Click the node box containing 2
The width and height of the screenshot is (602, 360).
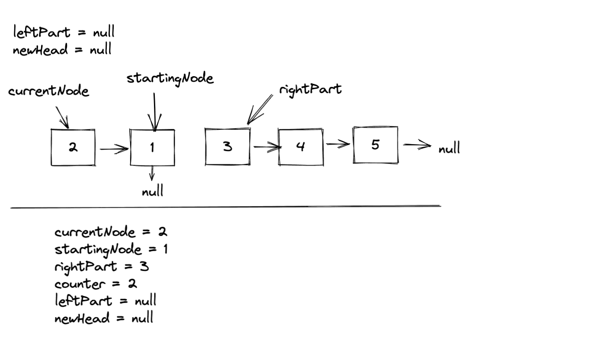point(73,147)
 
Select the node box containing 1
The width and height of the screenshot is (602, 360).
point(152,147)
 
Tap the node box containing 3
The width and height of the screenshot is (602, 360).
point(227,147)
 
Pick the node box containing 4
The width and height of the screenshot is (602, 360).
point(301,147)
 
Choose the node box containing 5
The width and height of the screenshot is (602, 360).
point(375,145)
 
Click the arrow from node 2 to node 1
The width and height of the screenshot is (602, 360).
point(114,149)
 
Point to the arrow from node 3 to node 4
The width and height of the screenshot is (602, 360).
point(266,148)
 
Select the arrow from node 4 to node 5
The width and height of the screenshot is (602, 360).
point(338,144)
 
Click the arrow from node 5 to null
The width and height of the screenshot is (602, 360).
point(417,146)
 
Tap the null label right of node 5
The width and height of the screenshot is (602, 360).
point(449,149)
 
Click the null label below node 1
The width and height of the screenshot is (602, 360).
point(153,191)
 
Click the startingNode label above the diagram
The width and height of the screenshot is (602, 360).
point(170,79)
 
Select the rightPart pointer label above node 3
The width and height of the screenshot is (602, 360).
point(310,90)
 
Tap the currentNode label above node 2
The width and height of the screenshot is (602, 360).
point(48,91)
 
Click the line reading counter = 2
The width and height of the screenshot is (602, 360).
point(96,284)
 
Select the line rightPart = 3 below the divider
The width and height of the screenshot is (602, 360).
point(102,267)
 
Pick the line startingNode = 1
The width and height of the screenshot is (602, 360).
point(111,250)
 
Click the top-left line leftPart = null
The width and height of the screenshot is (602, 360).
point(64,32)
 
